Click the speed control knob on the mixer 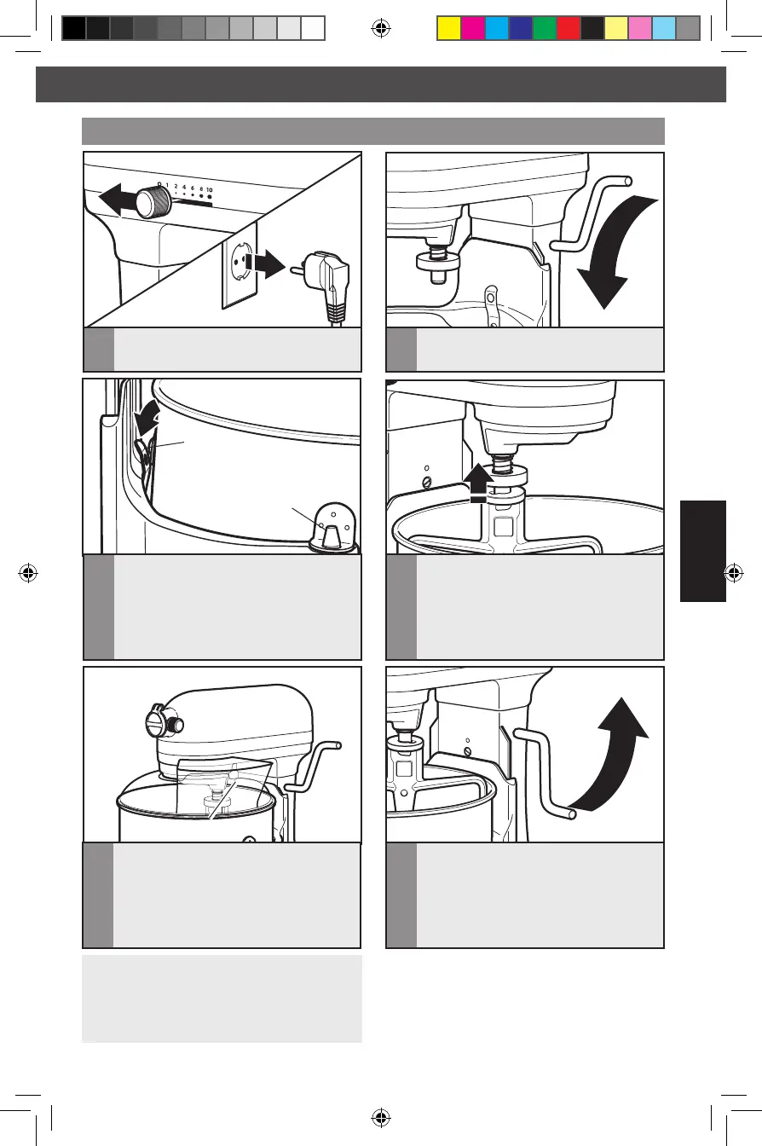[153, 201]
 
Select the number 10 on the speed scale [209, 190]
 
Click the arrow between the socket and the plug [265, 264]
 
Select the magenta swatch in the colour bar [473, 28]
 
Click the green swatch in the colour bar [545, 28]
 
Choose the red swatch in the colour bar [569, 28]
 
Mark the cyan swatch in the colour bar [497, 28]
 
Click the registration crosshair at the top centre [380, 28]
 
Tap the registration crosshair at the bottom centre [380, 1117]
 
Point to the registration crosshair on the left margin [28, 573]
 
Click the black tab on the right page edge [702, 551]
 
